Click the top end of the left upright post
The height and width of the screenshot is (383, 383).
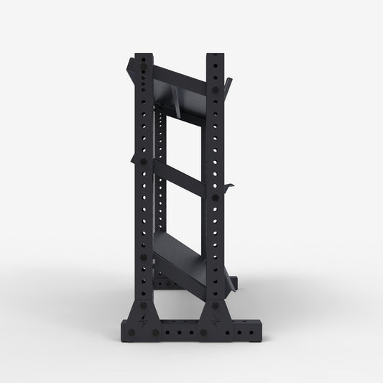pyautogui.click(x=143, y=57)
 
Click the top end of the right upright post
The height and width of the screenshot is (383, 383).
pyautogui.click(x=215, y=57)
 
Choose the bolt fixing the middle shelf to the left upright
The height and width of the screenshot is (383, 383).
pyautogui.click(x=143, y=162)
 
